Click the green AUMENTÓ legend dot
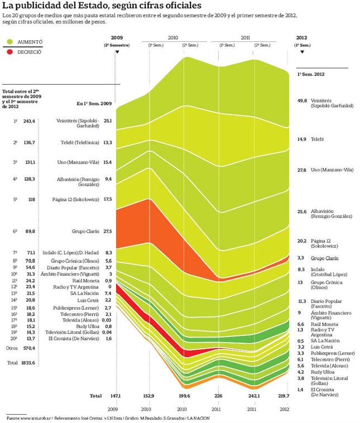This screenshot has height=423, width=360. pyautogui.click(x=9, y=42)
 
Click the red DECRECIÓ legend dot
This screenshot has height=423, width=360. pyautogui.click(x=9, y=51)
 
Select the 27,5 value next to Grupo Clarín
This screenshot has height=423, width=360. pyautogui.click(x=108, y=230)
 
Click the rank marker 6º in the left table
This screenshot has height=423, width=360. pyautogui.click(x=15, y=230)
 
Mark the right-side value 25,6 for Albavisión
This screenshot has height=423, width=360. pyautogui.click(x=302, y=212)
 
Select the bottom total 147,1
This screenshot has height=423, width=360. pyautogui.click(x=117, y=396)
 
